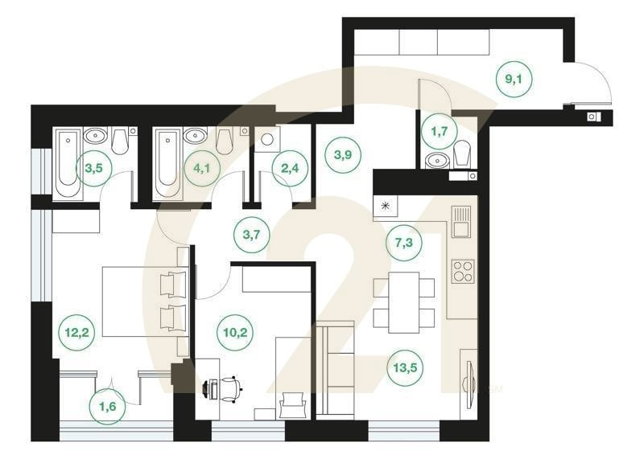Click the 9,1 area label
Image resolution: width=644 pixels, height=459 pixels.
(514, 79)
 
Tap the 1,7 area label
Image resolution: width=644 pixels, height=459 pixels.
(440, 131)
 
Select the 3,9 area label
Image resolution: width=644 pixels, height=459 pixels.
(343, 154)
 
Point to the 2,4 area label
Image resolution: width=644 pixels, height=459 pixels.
(290, 168)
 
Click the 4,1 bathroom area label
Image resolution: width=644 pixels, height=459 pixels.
(202, 168)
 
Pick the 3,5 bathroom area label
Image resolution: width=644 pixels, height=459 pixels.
(94, 168)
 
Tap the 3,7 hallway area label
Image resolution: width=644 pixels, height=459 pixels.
(251, 235)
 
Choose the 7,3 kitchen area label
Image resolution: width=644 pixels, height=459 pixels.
(404, 243)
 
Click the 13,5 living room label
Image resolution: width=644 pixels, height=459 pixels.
(405, 367)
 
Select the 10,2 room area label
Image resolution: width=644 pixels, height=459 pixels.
(235, 332)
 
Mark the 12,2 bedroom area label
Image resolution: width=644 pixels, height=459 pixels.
(76, 332)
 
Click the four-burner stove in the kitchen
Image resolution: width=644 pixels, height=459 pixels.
(463, 271)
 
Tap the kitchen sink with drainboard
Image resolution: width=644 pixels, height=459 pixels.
(461, 221)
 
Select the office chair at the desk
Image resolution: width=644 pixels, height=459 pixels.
(229, 387)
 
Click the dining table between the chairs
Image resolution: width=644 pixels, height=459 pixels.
(404, 302)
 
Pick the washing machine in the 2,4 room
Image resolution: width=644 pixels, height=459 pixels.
(267, 139)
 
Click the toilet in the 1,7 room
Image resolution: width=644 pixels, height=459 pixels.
(462, 154)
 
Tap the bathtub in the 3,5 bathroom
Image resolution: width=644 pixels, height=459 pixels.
(68, 163)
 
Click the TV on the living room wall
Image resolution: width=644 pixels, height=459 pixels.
(471, 384)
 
